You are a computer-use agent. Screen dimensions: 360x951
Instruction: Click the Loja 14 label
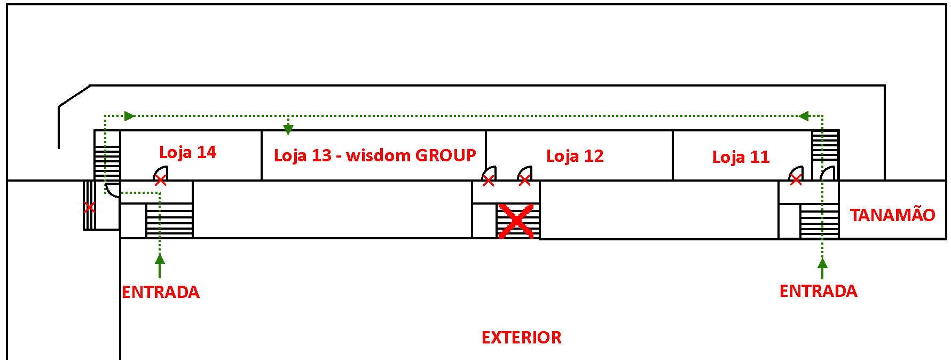pos(187,152)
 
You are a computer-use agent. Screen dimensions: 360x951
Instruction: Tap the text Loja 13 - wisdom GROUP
pos(374,155)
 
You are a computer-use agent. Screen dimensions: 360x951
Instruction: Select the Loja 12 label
pos(575,156)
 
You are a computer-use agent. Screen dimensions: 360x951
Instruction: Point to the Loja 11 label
pos(741,157)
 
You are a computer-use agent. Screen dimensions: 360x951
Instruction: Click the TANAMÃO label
pos(892,215)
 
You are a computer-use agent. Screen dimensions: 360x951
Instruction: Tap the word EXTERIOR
pos(521,338)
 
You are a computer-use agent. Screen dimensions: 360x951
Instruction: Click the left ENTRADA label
pos(161,292)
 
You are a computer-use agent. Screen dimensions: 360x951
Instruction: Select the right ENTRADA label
pos(818,291)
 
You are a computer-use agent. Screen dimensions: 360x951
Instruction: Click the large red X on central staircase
pos(516,220)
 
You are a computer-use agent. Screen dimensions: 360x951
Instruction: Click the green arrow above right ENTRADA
pos(822,262)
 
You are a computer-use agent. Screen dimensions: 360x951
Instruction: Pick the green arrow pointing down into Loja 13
pos(288,129)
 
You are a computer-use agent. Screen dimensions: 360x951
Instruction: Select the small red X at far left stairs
pos(89,207)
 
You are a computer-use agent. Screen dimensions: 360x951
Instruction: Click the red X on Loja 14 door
pos(160,181)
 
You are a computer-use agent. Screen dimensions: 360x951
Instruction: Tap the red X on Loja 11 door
pos(796,181)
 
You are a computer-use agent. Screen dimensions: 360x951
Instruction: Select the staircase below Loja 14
pos(169,220)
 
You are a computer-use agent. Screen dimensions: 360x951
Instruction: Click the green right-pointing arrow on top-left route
pos(129,116)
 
